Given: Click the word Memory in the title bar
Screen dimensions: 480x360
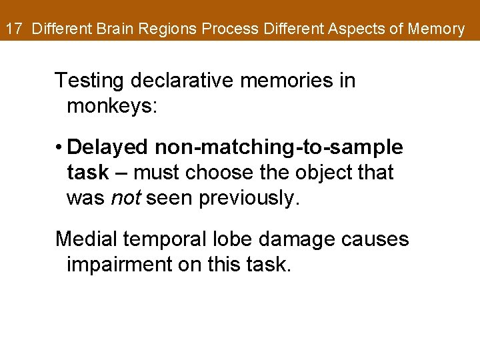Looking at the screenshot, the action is point(438,29).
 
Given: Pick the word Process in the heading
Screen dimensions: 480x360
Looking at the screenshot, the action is point(231,29).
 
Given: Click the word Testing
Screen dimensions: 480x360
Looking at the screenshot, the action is point(91,81).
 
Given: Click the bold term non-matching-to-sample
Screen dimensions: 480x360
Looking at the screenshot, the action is point(277,147).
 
